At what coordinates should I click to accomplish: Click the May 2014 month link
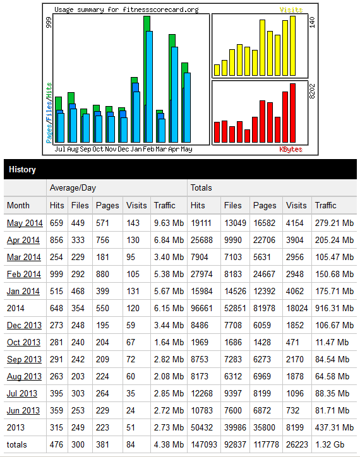[x=25, y=223]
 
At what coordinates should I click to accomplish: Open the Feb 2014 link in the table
[x=24, y=274]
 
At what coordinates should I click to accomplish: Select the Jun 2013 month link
[x=23, y=410]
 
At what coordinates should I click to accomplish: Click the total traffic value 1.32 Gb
[x=330, y=444]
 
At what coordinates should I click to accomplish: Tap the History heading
[x=22, y=169]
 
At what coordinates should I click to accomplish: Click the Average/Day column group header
[x=73, y=187]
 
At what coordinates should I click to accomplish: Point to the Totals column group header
[x=201, y=187]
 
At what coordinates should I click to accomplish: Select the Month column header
[x=18, y=205]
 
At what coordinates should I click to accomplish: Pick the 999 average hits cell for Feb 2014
[x=56, y=274]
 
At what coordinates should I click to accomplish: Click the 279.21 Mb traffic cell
[x=334, y=223]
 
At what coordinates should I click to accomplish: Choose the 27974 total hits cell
[x=201, y=274]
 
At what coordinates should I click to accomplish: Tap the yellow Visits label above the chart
[x=291, y=9]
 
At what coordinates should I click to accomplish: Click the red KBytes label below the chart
[x=291, y=149]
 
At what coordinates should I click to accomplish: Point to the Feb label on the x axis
[x=148, y=149]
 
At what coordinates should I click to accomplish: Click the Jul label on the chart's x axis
[x=60, y=149]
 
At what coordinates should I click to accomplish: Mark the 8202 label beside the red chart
[x=312, y=92]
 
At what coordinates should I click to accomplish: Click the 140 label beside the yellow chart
[x=312, y=22]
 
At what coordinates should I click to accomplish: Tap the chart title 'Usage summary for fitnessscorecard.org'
[x=126, y=9]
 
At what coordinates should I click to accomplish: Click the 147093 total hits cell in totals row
[x=204, y=444]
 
